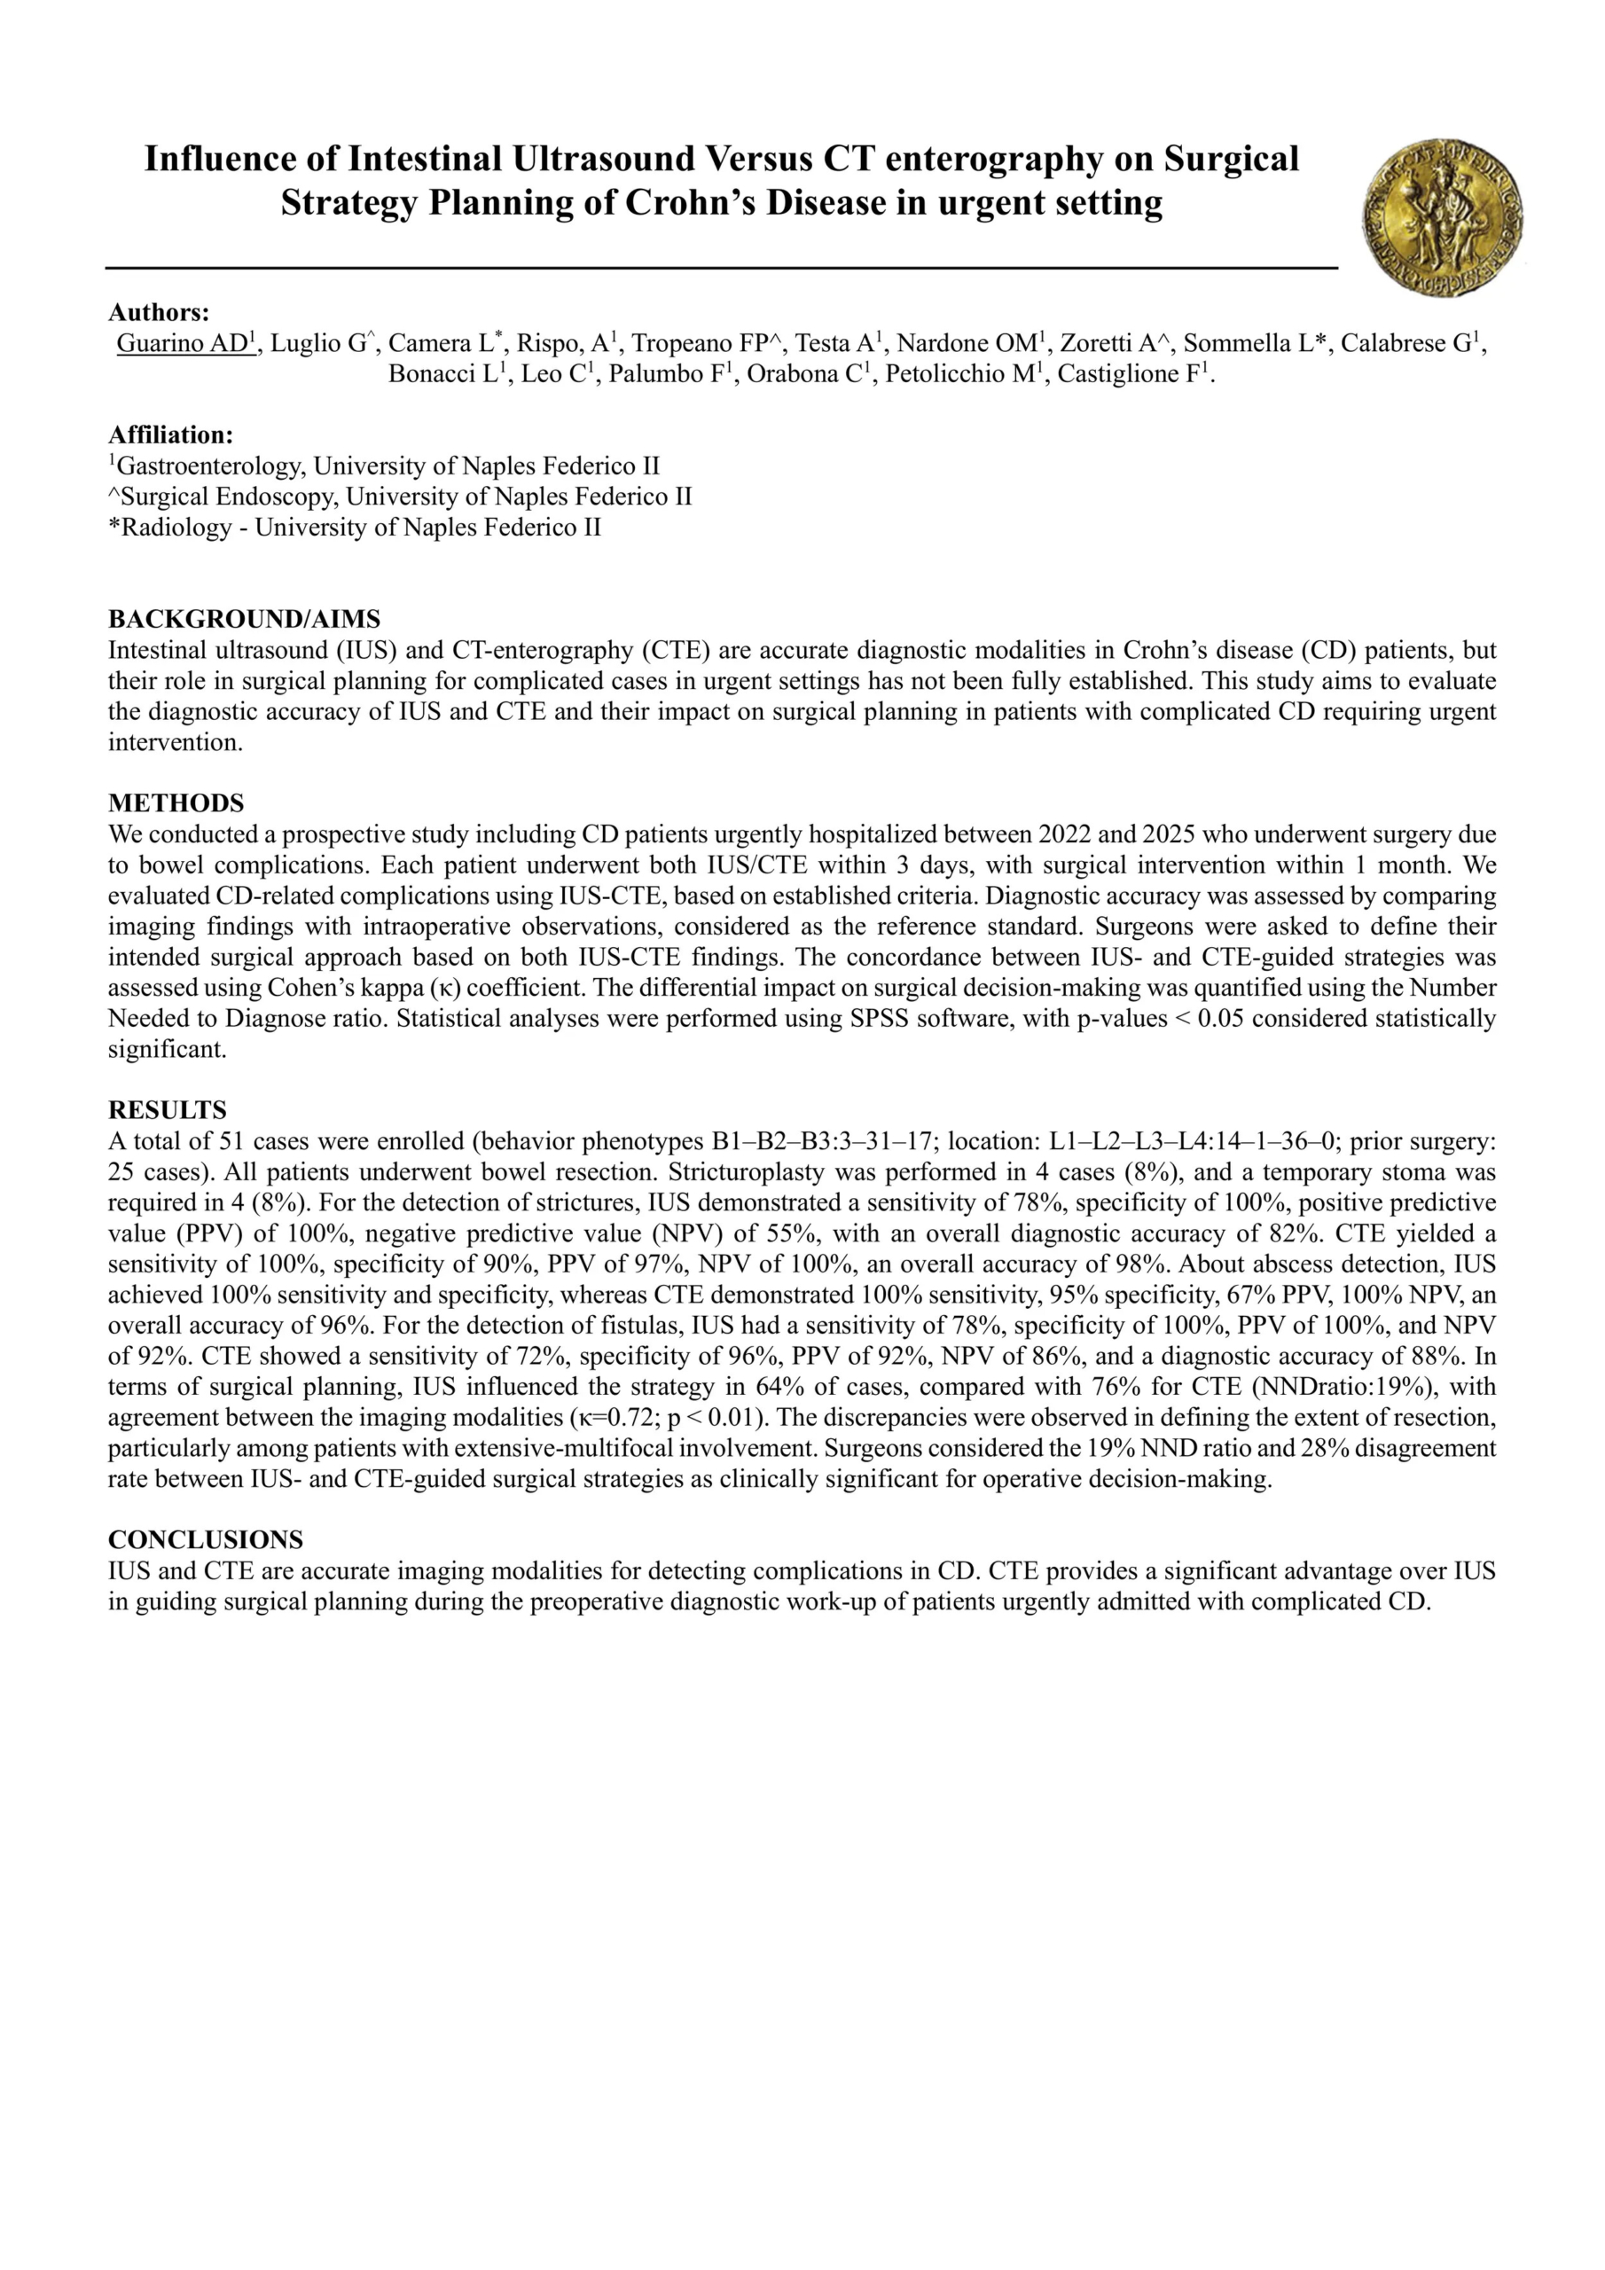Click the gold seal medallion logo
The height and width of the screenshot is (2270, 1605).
[x=1443, y=217]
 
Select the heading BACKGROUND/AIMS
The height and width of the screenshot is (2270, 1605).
[x=243, y=619]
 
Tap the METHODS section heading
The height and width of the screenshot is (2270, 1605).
[x=176, y=802]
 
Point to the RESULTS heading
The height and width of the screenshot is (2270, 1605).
[x=167, y=1109]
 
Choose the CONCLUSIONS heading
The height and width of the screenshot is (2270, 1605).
[x=206, y=1539]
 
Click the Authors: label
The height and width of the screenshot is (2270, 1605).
[x=158, y=312]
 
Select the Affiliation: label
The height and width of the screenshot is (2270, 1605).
[x=171, y=435]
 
